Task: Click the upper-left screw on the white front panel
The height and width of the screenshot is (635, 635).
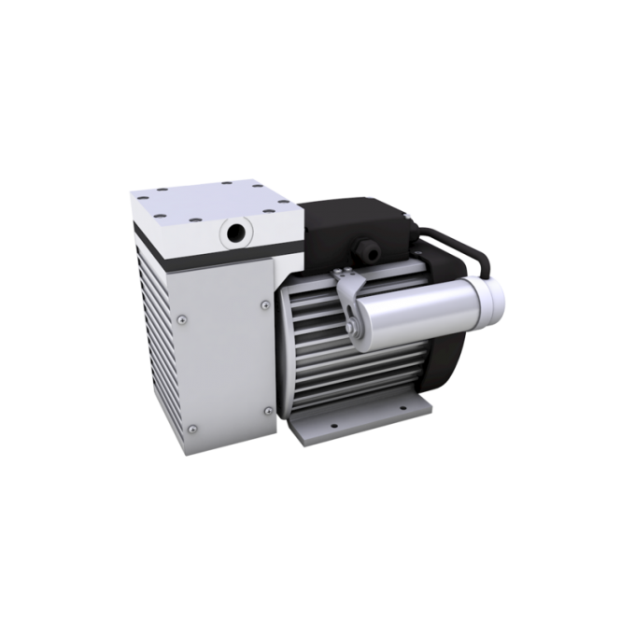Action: (x=184, y=317)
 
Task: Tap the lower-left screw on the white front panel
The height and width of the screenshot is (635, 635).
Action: (x=190, y=427)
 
